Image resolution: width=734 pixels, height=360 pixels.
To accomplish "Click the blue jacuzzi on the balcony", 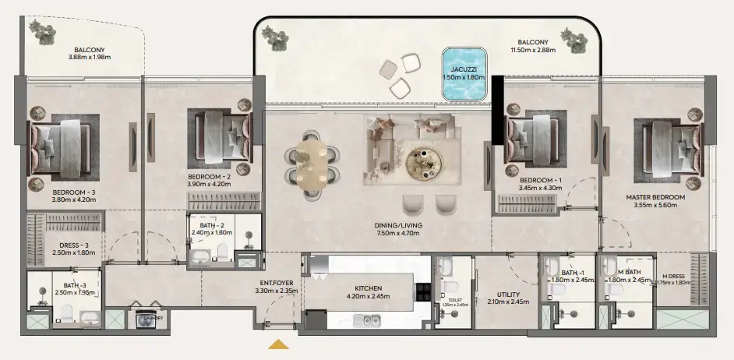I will (464, 74).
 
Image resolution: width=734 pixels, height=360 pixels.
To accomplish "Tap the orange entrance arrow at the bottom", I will (279, 344).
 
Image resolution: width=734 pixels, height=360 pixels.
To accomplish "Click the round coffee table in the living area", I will (425, 161).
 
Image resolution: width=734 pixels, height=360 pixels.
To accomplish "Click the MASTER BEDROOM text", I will (655, 197).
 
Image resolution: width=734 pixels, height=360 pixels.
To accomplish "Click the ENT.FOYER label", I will (276, 283).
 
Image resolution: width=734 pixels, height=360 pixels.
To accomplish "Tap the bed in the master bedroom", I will (667, 144).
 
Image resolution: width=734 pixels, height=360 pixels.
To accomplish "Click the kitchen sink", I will (366, 319).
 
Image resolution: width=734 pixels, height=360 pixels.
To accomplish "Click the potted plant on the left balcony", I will (41, 31).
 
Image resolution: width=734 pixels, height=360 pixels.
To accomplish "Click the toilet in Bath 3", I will (66, 314).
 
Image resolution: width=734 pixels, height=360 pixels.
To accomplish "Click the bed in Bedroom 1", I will (531, 139).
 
